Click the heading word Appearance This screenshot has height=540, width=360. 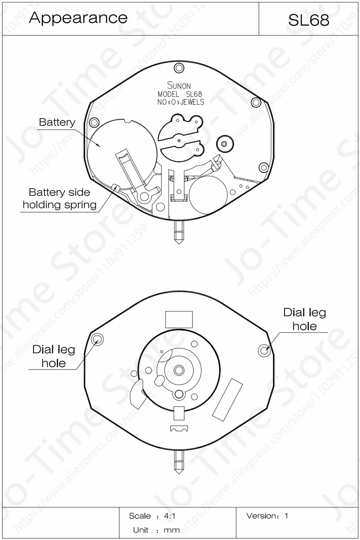coord(78,18)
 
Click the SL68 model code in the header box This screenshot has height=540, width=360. coord(309,20)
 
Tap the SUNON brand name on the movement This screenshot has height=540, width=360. coord(179,86)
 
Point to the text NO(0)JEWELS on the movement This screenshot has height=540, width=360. coord(181,102)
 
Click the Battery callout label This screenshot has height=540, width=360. coord(57,122)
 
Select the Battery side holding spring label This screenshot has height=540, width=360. coord(59,199)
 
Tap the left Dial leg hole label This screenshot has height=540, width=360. coord(54,356)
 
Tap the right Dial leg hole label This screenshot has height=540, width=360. coord(305,319)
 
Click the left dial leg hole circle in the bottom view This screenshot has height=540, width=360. coord(97,339)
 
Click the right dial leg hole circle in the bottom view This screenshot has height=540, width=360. coord(264,350)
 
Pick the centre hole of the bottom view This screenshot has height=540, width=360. coord(179,370)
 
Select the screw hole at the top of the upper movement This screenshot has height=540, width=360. coord(179,68)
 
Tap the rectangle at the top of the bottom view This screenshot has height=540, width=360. coord(179,320)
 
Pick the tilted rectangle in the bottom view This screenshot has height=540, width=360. coord(228,400)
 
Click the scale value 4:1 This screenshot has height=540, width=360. coord(170,516)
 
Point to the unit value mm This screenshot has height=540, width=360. coord(172,530)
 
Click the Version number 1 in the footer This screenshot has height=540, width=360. coord(286,516)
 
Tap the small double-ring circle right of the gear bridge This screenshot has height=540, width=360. coord(224,144)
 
